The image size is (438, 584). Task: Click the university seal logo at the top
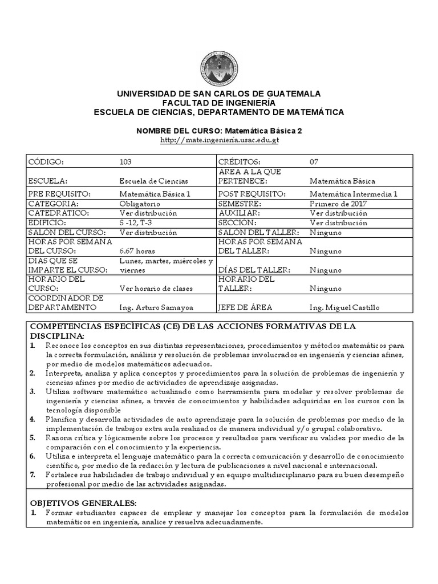pyautogui.click(x=219, y=67)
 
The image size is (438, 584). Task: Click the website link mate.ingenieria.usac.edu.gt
pyautogui.click(x=219, y=140)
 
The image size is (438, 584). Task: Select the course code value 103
pyautogui.click(x=125, y=161)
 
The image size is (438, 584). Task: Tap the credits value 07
pyautogui.click(x=314, y=161)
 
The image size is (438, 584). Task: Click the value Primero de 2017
pyautogui.click(x=338, y=204)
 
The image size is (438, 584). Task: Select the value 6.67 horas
pyautogui.click(x=136, y=250)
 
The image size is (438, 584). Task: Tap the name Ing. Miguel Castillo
pyautogui.click(x=344, y=307)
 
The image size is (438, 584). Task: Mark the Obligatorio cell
pyautogui.click(x=139, y=204)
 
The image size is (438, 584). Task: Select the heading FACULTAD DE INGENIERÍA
pyautogui.click(x=219, y=103)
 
